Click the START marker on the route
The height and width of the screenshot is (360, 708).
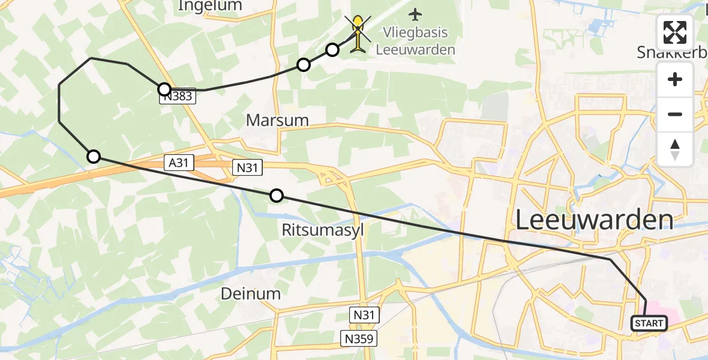coord(649,323)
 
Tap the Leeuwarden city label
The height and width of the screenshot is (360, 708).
coord(594,220)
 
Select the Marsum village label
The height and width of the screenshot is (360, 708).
coord(277,120)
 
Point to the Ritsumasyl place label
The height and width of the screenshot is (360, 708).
coord(323,230)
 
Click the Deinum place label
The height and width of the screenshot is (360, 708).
coord(251,293)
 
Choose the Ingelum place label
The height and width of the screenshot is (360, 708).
coord(210,6)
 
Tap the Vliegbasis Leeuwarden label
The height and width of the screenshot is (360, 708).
coord(415,41)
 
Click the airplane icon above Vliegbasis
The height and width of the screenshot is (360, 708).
coord(415,13)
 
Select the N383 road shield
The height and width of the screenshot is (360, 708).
coord(178,96)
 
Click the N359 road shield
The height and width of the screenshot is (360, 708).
coord(360,338)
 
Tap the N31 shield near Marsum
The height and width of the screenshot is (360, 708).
coord(248,167)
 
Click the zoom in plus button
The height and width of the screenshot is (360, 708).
coord(675,80)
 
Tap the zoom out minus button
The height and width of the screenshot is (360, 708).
coord(675,114)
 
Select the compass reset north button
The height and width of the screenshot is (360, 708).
coord(675,149)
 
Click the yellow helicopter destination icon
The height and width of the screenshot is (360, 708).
coord(358,34)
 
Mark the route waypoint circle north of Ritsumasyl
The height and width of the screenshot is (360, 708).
coord(277,195)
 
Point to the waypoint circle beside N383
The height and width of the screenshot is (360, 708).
coord(164,89)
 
